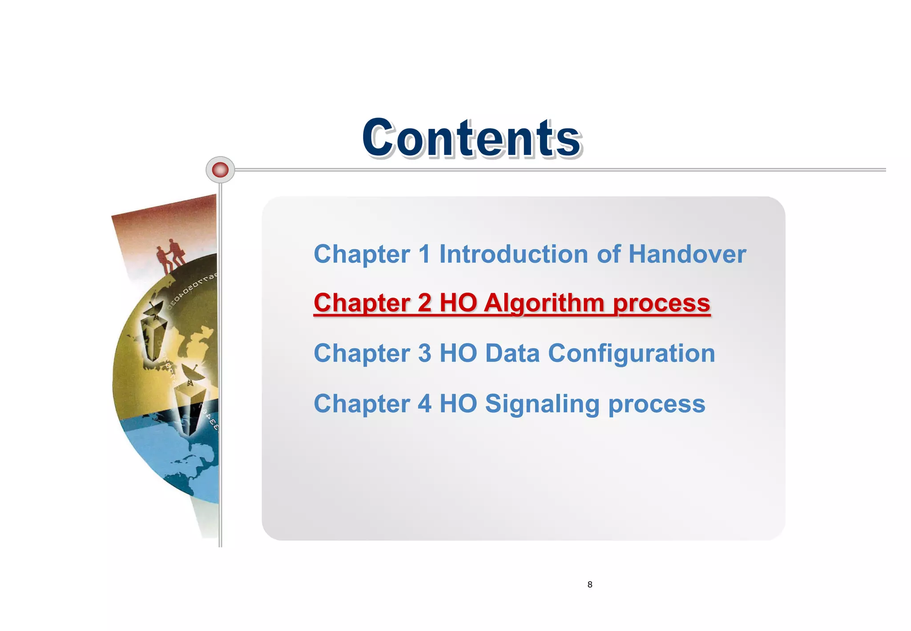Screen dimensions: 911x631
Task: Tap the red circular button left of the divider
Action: (x=220, y=170)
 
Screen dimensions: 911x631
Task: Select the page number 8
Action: (x=590, y=584)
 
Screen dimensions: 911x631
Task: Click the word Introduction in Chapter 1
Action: (x=514, y=254)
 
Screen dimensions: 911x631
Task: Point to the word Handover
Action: (x=687, y=254)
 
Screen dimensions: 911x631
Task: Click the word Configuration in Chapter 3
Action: (x=631, y=354)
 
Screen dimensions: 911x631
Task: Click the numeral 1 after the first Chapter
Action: (x=425, y=254)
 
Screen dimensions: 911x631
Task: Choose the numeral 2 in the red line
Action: (x=425, y=303)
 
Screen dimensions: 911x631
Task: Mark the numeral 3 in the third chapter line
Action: (x=425, y=353)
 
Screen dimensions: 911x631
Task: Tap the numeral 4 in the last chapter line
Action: (x=425, y=404)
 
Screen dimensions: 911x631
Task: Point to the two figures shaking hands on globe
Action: (x=171, y=256)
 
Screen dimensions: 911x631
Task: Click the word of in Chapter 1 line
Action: (x=609, y=254)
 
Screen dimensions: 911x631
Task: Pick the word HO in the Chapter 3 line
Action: (x=458, y=353)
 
